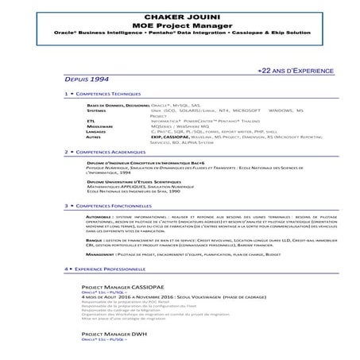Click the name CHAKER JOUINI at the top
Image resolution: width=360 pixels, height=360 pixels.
pos(180,15)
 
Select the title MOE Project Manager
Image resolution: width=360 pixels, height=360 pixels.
pos(180,25)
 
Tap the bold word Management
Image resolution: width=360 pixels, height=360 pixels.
pos(99,254)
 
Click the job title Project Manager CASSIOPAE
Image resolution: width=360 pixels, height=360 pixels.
pos(122,287)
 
